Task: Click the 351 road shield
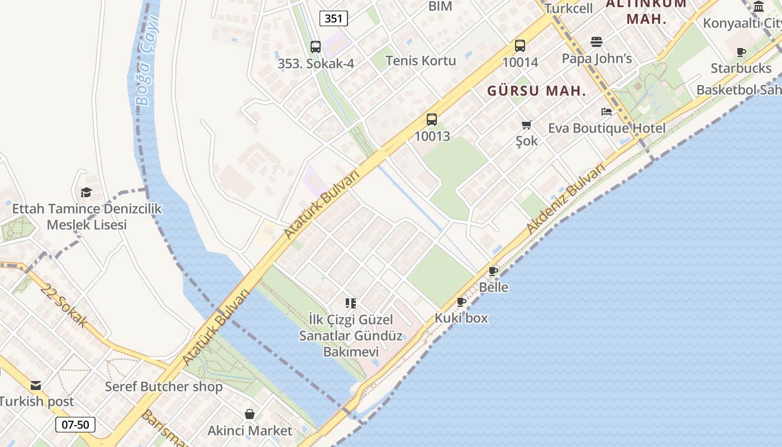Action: pos(333,18)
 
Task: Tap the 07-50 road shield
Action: pos(75,425)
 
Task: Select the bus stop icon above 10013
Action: pos(432,119)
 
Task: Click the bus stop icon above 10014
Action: pos(520,46)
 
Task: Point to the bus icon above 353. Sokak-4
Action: pos(316,47)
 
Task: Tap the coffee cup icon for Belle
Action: pos(493,272)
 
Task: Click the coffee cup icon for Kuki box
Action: pos(461,302)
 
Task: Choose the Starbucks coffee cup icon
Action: pos(741,53)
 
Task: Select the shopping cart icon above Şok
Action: pos(527,125)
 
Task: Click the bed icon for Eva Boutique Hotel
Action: pos(607,112)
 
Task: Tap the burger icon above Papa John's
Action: pos(597,42)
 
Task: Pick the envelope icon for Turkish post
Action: pos(36,386)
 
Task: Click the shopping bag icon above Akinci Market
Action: pos(250,415)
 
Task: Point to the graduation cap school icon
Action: pos(86,193)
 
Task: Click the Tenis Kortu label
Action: pos(421,60)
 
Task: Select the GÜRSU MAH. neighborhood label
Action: pos(536,91)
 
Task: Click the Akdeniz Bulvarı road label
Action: pos(566,199)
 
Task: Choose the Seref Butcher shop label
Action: pos(164,387)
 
